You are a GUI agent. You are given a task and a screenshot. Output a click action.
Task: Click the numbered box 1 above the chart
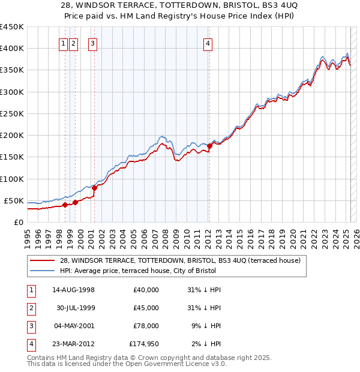pyautogui.click(x=63, y=43)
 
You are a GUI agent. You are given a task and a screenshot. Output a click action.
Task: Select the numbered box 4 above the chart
pyautogui.click(x=207, y=43)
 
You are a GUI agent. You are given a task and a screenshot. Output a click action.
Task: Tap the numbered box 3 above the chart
pyautogui.click(x=92, y=43)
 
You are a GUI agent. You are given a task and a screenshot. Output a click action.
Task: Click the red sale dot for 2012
pyautogui.click(x=209, y=146)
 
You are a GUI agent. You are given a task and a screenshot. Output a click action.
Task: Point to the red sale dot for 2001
pyautogui.click(x=94, y=188)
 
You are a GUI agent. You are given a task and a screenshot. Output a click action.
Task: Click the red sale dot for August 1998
pyautogui.click(x=65, y=205)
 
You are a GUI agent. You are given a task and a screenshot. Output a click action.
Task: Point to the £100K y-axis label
pyautogui.click(x=11, y=179)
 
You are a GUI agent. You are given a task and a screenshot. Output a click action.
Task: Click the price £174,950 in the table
pyautogui.click(x=144, y=344)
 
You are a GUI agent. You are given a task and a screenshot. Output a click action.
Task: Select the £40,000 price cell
pyautogui.click(x=146, y=290)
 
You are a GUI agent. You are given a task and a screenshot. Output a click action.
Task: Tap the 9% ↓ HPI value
pyautogui.click(x=206, y=326)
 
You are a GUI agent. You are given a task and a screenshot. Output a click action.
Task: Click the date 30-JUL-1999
pyautogui.click(x=74, y=308)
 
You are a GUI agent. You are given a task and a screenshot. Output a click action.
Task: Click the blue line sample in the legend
pyautogui.click(x=42, y=271)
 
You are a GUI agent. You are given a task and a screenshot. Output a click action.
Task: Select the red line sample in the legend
pyautogui.click(x=42, y=260)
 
